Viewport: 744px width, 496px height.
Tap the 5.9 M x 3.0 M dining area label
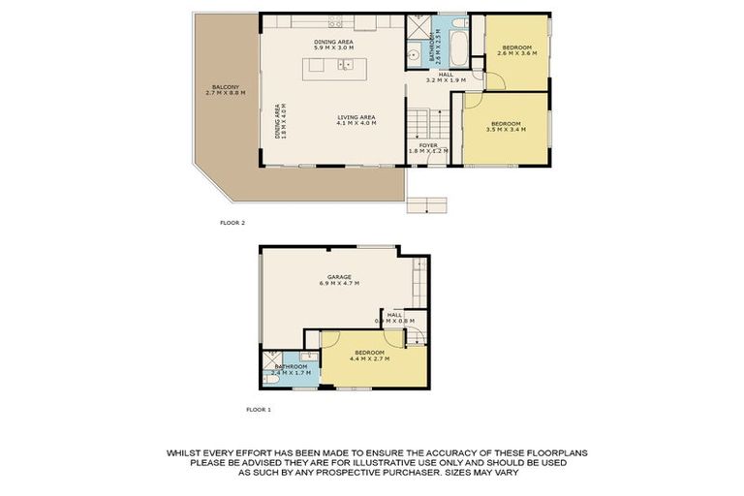pyautogui.click(x=332, y=46)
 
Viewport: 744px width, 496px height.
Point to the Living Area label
pyautogui.click(x=356, y=120)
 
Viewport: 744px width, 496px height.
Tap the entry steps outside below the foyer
pyautogui.click(x=427, y=203)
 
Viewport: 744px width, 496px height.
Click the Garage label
pyautogui.click(x=338, y=280)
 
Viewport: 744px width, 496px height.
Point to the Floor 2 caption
pyautogui.click(x=232, y=223)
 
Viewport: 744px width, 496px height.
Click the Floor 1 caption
pyautogui.click(x=258, y=410)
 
